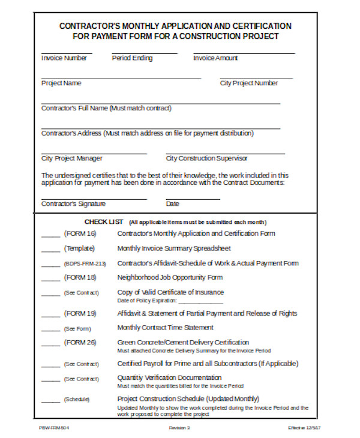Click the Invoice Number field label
point(64,58)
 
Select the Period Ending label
point(132,58)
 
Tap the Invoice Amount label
point(215,58)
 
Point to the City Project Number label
point(249,83)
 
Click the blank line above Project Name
point(121,79)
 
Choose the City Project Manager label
point(71,158)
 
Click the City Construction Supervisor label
point(206,158)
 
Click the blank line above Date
point(192,199)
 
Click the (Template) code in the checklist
point(80,248)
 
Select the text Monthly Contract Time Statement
point(165,328)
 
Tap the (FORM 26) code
point(80,343)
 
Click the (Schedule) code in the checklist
point(77,400)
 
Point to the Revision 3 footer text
point(179,428)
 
